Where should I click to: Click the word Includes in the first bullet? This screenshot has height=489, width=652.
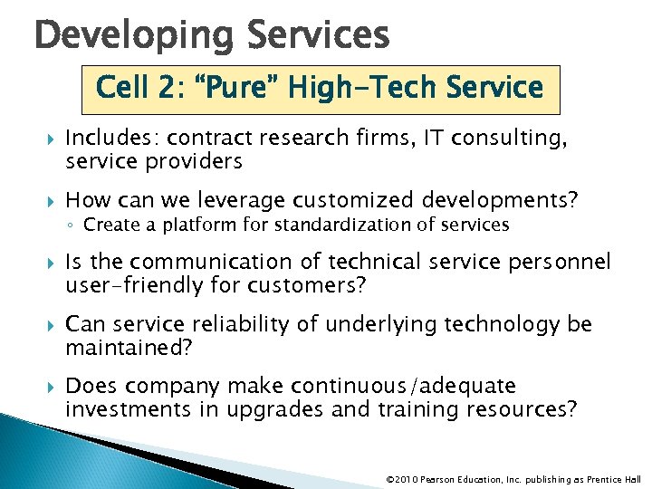point(107,139)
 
